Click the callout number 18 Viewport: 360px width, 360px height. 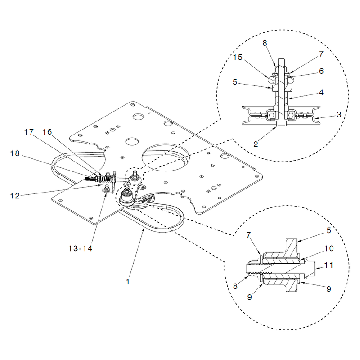point(15,153)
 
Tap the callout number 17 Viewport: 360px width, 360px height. point(29,132)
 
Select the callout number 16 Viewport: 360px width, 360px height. point(47,132)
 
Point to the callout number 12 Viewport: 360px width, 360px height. point(15,196)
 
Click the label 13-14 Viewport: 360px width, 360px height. point(81,248)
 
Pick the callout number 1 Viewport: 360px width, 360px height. point(128,282)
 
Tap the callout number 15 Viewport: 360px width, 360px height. point(238,57)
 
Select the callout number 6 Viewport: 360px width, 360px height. point(321,71)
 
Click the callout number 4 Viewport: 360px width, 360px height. point(321,92)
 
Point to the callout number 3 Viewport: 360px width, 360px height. point(339,114)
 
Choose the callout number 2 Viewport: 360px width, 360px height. point(256,144)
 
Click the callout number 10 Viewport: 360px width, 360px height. point(329,248)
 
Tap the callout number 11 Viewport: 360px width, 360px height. point(328,265)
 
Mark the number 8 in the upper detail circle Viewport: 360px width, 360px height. point(265,43)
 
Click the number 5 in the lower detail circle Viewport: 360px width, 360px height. point(329,230)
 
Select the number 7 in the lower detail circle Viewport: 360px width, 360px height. point(249,235)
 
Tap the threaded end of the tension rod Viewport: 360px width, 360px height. point(89,178)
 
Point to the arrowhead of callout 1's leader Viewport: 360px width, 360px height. point(144,229)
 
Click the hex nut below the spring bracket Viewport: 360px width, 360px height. point(106,189)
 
